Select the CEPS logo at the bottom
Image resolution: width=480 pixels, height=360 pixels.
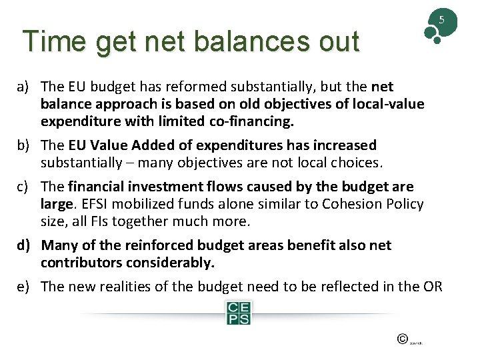pyautogui.click(x=237, y=312)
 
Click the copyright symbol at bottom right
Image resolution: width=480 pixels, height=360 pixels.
pyautogui.click(x=402, y=339)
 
